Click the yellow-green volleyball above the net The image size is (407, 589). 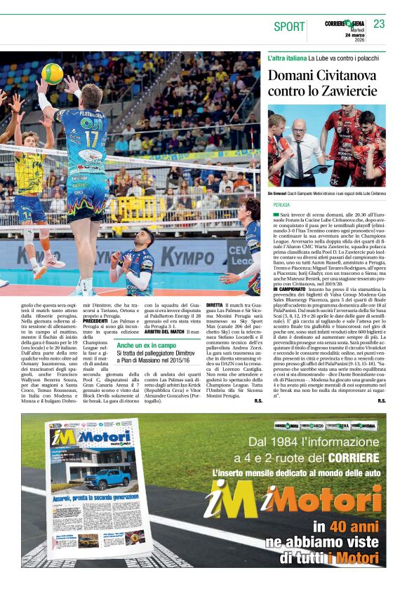coord(53,73)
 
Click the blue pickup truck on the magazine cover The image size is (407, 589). coord(107,478)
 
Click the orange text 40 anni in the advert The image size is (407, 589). coord(355,527)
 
